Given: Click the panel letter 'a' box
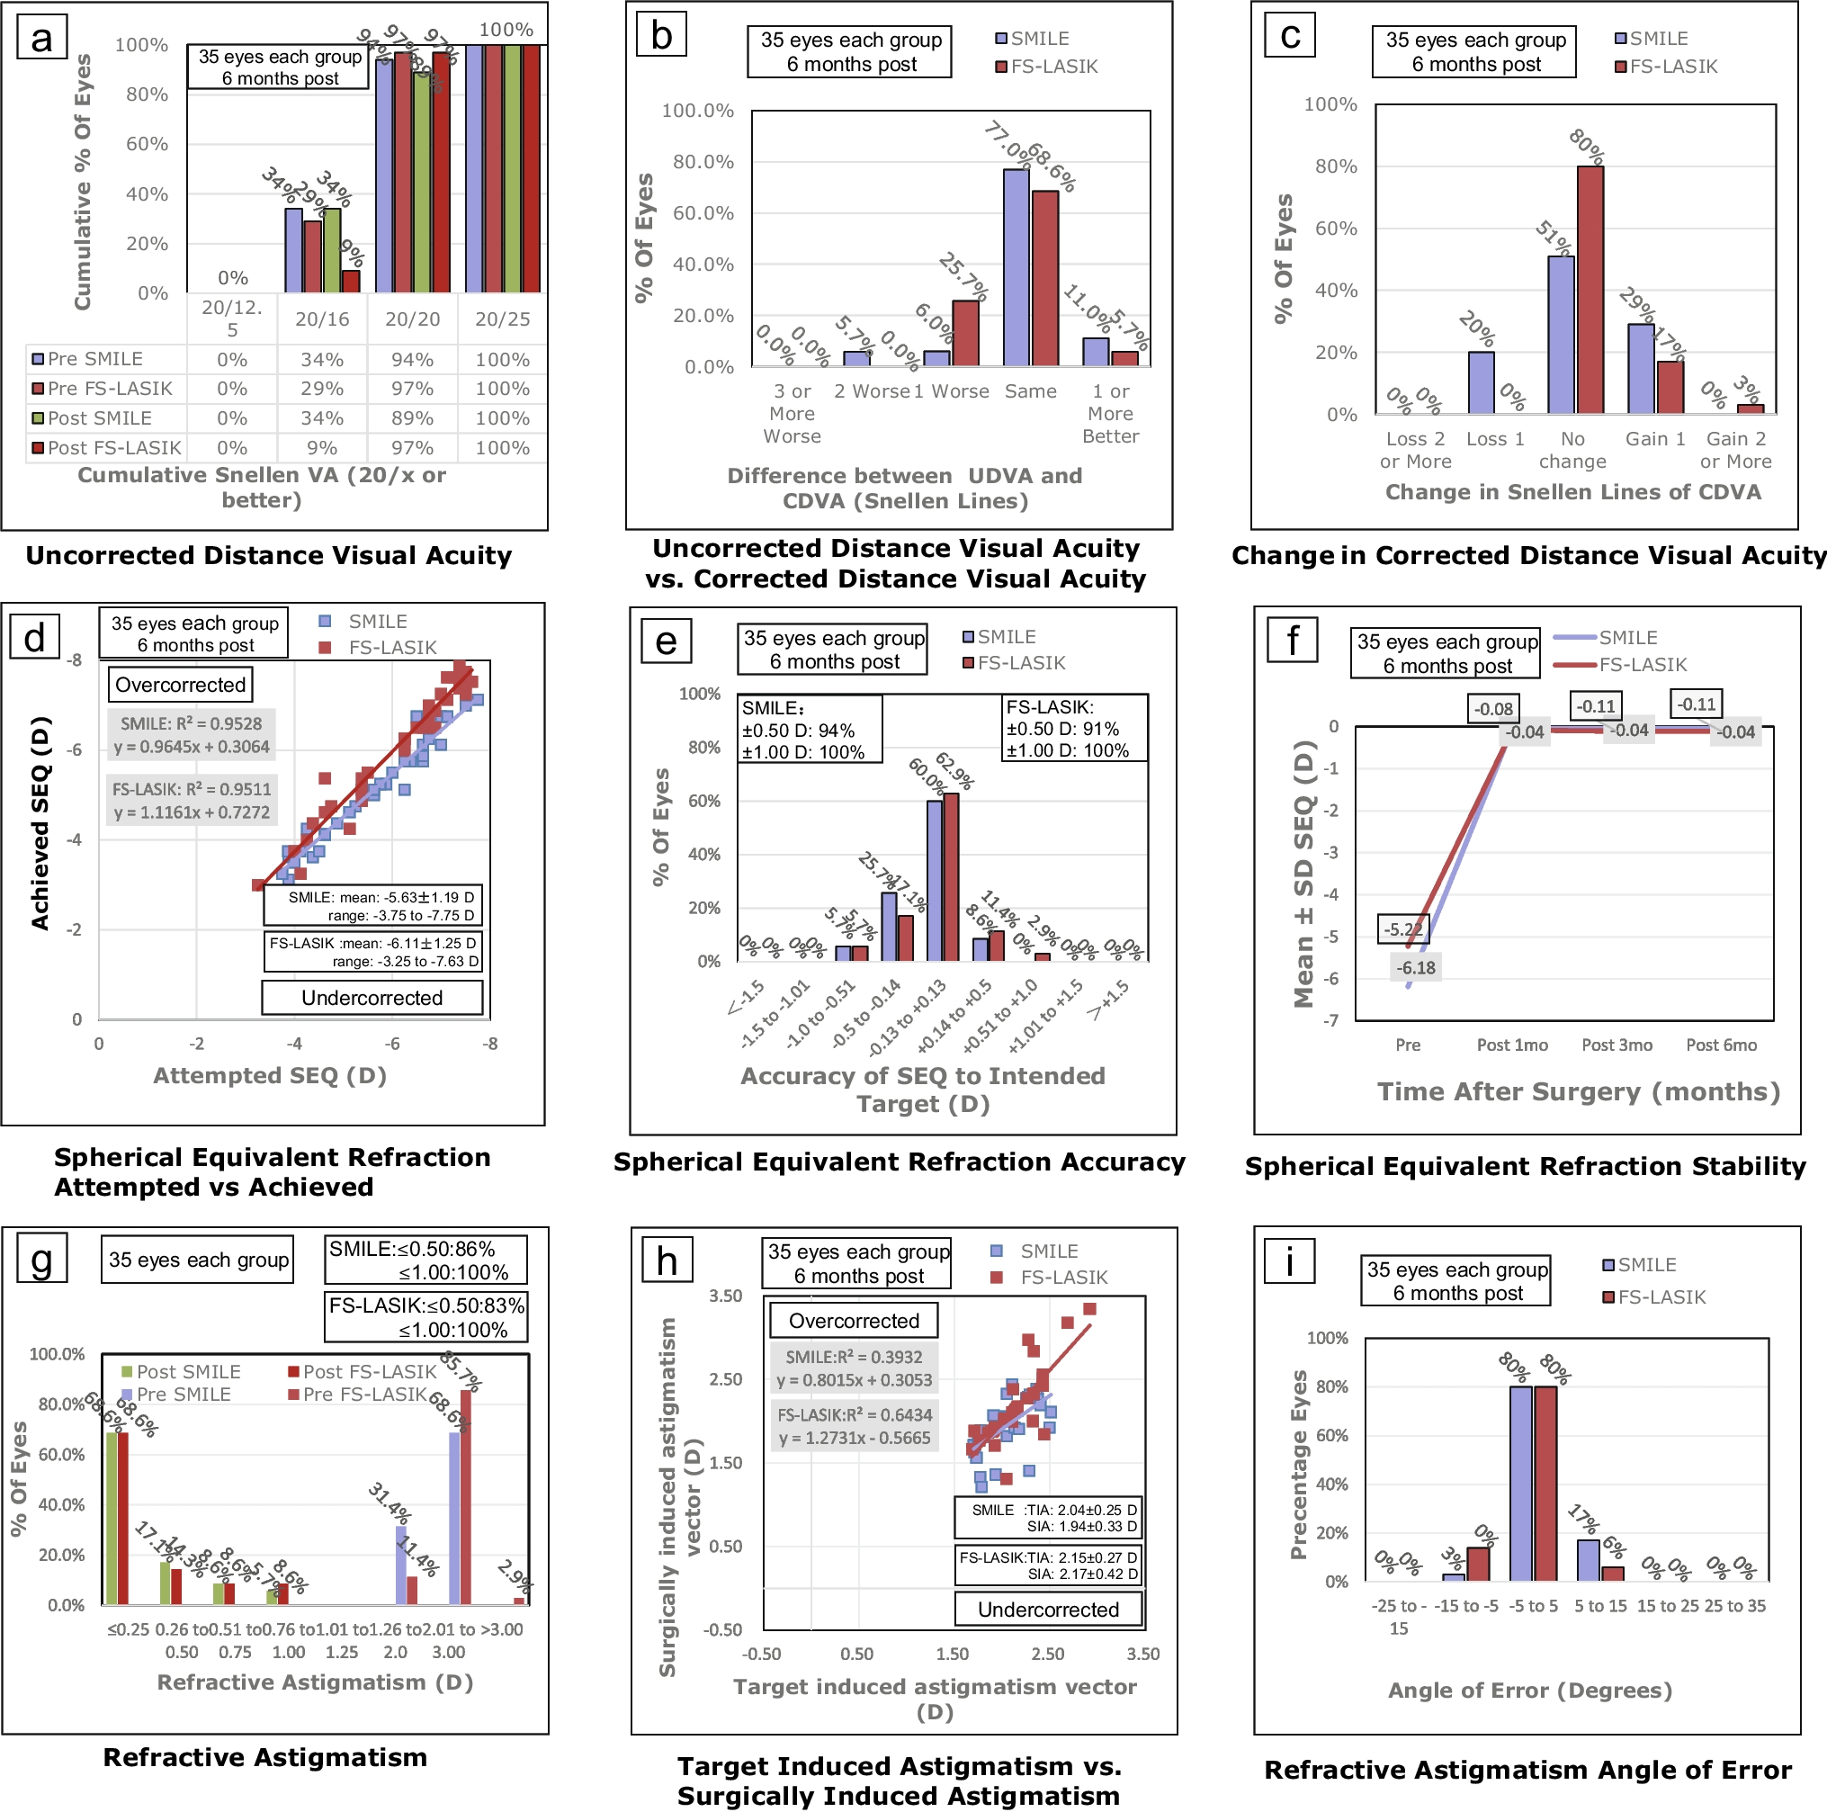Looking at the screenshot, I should (41, 39).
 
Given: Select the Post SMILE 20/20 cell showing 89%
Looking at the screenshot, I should (412, 418).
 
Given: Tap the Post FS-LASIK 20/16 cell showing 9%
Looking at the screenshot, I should (321, 447).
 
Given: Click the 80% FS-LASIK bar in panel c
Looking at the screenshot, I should (1590, 290).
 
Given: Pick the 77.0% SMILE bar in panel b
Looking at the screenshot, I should (1016, 267).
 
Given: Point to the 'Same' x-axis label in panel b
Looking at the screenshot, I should (1031, 391).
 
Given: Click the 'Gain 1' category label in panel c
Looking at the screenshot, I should (1655, 439).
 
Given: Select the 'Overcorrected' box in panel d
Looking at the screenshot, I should (180, 685).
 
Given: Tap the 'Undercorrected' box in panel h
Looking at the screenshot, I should (1048, 1610).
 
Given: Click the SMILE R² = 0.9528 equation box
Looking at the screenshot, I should (192, 735).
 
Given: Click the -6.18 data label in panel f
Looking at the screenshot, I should (1416, 967).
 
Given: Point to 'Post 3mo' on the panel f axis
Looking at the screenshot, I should (1617, 1045).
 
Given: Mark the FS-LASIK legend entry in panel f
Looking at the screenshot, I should (1642, 665).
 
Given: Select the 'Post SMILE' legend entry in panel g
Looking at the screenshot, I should (187, 1371).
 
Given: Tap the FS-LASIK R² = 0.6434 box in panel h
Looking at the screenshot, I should (855, 1426).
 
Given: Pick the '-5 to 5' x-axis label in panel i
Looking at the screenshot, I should (1533, 1606).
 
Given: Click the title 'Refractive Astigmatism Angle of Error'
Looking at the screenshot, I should (1527, 1770).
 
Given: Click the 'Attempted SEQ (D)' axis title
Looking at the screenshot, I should (270, 1075).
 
